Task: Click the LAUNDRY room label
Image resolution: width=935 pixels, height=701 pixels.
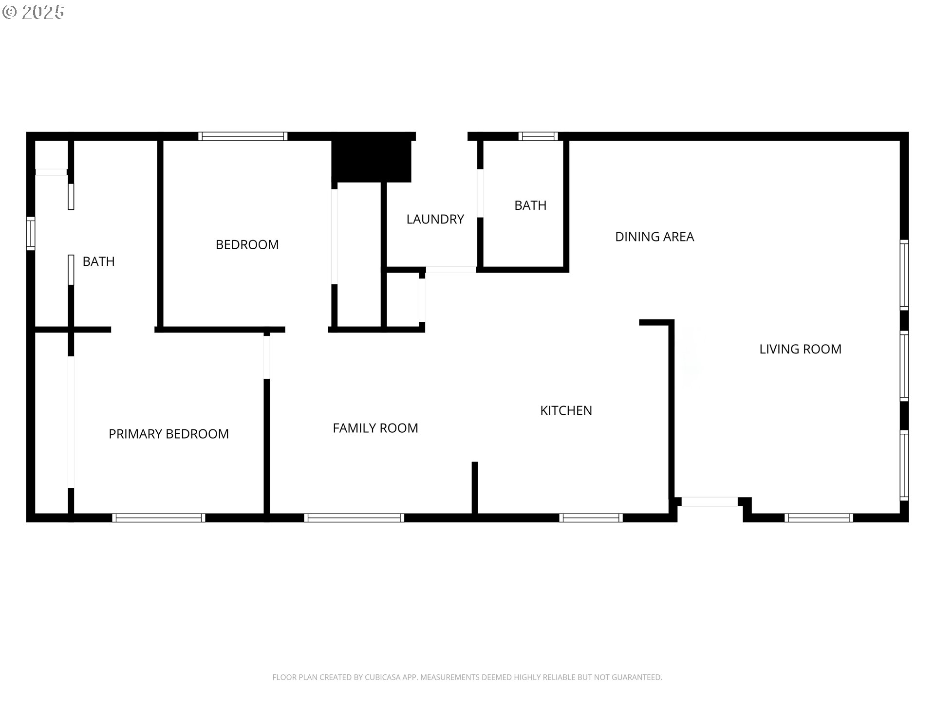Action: [x=435, y=220]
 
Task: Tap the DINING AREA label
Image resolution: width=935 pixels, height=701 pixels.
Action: [x=654, y=237]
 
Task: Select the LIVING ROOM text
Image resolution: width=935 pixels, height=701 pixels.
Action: [x=800, y=349]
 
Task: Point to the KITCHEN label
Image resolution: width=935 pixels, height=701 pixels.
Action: [x=566, y=411]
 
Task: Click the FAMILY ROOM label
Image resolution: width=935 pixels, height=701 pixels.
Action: [x=375, y=428]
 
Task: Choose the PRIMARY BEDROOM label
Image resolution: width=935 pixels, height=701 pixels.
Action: [x=168, y=434]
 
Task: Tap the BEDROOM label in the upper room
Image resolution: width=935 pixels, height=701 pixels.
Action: [x=247, y=245]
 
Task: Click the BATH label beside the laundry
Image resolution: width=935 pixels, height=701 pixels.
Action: [x=530, y=205]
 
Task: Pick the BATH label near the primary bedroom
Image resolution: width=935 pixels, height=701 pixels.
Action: [x=98, y=262]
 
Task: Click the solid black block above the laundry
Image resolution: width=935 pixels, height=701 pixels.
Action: [x=372, y=161]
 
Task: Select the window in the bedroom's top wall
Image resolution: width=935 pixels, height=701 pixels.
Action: [x=243, y=136]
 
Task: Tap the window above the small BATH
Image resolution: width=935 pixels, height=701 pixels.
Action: [x=538, y=136]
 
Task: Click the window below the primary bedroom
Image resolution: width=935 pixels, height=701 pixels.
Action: [x=159, y=518]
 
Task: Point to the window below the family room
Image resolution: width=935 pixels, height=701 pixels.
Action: [x=354, y=518]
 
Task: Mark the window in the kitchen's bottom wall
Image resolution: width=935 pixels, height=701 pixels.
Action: [x=591, y=518]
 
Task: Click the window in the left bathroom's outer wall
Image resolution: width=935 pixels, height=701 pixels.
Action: [x=31, y=233]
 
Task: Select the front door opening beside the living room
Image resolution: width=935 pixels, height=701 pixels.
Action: [x=710, y=502]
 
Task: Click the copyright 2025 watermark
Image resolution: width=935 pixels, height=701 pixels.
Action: [x=33, y=12]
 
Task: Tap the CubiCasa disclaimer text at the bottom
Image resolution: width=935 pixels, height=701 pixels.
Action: [x=467, y=677]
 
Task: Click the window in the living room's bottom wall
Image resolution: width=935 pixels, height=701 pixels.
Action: [x=819, y=518]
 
